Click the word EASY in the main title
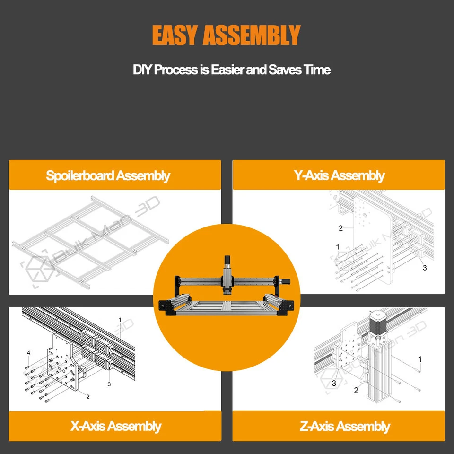tap(175, 35)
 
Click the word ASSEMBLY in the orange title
tap(251, 35)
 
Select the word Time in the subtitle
tap(317, 70)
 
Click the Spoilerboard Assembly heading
tap(108, 175)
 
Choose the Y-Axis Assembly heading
tap(339, 175)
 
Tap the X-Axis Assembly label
tap(116, 426)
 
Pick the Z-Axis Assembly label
tap(345, 427)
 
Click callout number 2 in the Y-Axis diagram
tap(340, 228)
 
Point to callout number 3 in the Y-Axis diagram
tap(424, 268)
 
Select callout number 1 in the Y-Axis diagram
tap(338, 247)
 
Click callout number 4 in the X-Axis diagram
tap(28, 353)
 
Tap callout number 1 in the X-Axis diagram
tap(120, 320)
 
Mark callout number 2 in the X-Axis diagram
tap(88, 397)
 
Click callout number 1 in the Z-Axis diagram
tap(419, 359)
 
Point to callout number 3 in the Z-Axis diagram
tap(334, 383)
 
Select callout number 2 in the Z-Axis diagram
tap(356, 391)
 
